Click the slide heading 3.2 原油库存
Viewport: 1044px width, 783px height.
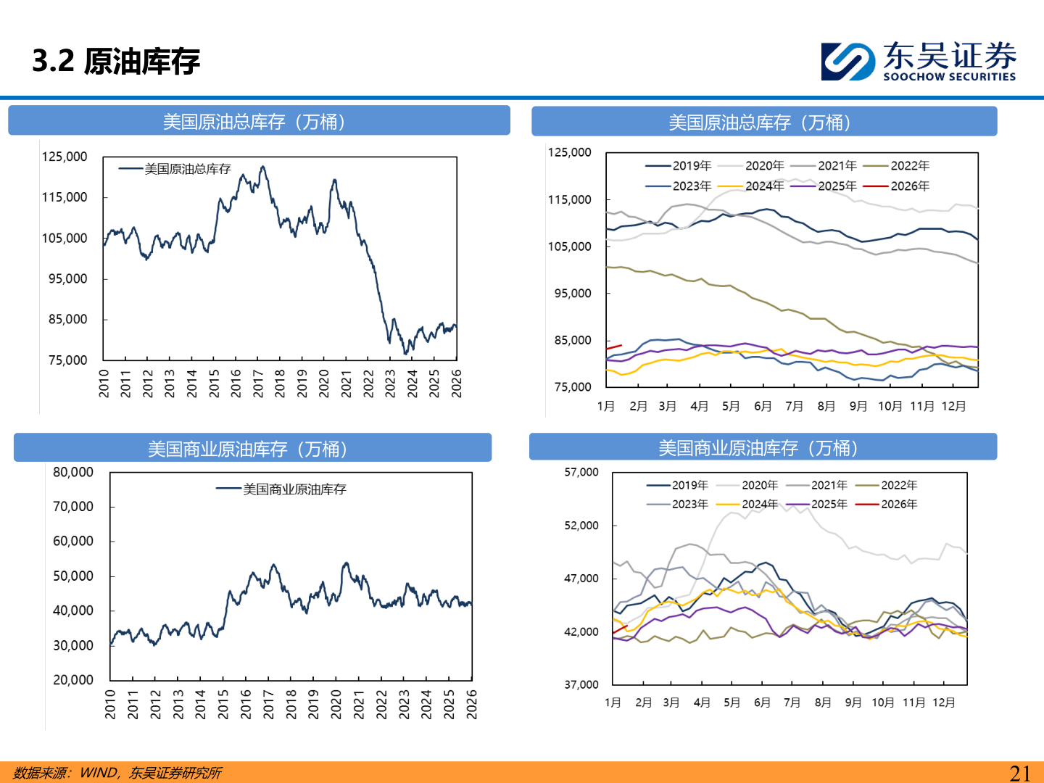point(116,61)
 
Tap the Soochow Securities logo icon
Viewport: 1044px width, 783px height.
point(847,61)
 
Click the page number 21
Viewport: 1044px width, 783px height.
point(1020,773)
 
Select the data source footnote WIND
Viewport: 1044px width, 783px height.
point(99,773)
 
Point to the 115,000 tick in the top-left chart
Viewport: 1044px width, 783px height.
point(65,197)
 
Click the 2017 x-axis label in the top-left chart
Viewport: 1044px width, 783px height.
point(258,383)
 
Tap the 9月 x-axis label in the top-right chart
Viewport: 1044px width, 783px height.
point(858,406)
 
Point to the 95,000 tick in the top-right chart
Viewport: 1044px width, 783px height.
point(573,294)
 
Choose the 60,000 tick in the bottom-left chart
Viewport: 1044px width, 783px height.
point(73,542)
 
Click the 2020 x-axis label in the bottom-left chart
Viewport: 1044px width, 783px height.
point(336,704)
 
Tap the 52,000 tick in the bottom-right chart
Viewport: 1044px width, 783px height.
point(581,526)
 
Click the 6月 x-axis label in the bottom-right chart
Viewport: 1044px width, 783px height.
point(762,703)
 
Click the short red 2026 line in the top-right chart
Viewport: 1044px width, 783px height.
point(614,347)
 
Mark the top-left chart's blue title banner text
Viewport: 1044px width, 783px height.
point(254,121)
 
